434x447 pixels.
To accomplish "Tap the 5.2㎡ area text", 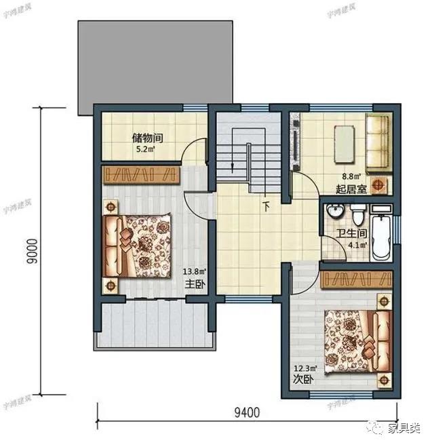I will pyautogui.click(x=145, y=149).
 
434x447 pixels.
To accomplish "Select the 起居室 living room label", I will pyautogui.click(x=351, y=189).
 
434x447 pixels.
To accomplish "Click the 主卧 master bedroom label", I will pyautogui.click(x=193, y=284).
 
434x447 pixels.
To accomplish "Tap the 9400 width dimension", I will pyautogui.click(x=248, y=411).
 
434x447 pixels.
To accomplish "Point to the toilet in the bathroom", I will pyautogui.click(x=357, y=215).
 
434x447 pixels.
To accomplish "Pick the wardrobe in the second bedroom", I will pyautogui.click(x=357, y=279).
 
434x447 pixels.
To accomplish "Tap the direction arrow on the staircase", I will pyautogui.click(x=233, y=163).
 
